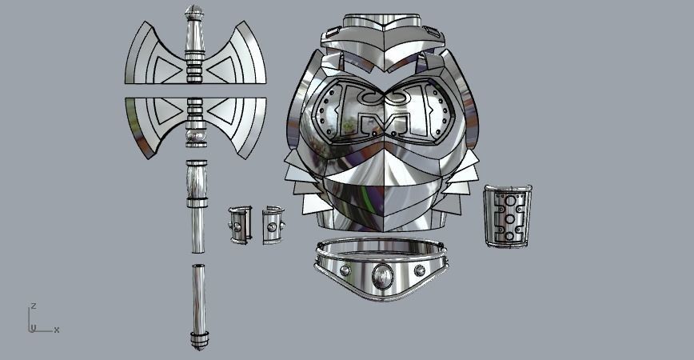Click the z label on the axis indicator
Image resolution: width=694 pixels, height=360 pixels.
coord(33,306)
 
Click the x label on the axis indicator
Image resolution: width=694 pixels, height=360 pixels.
coord(57,330)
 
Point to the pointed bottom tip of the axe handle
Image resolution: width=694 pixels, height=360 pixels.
coord(197,346)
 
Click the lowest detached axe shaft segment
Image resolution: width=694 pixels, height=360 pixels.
coord(197,300)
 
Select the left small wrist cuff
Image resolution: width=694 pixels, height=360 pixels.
coord(238,225)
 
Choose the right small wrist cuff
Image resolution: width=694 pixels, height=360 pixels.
coord(273,225)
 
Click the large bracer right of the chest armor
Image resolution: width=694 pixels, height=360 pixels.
coord(507,216)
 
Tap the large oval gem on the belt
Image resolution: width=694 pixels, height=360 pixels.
coord(383,277)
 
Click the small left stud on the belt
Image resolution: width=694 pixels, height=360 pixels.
coord(345,270)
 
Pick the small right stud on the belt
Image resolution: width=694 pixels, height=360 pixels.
coord(420,270)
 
